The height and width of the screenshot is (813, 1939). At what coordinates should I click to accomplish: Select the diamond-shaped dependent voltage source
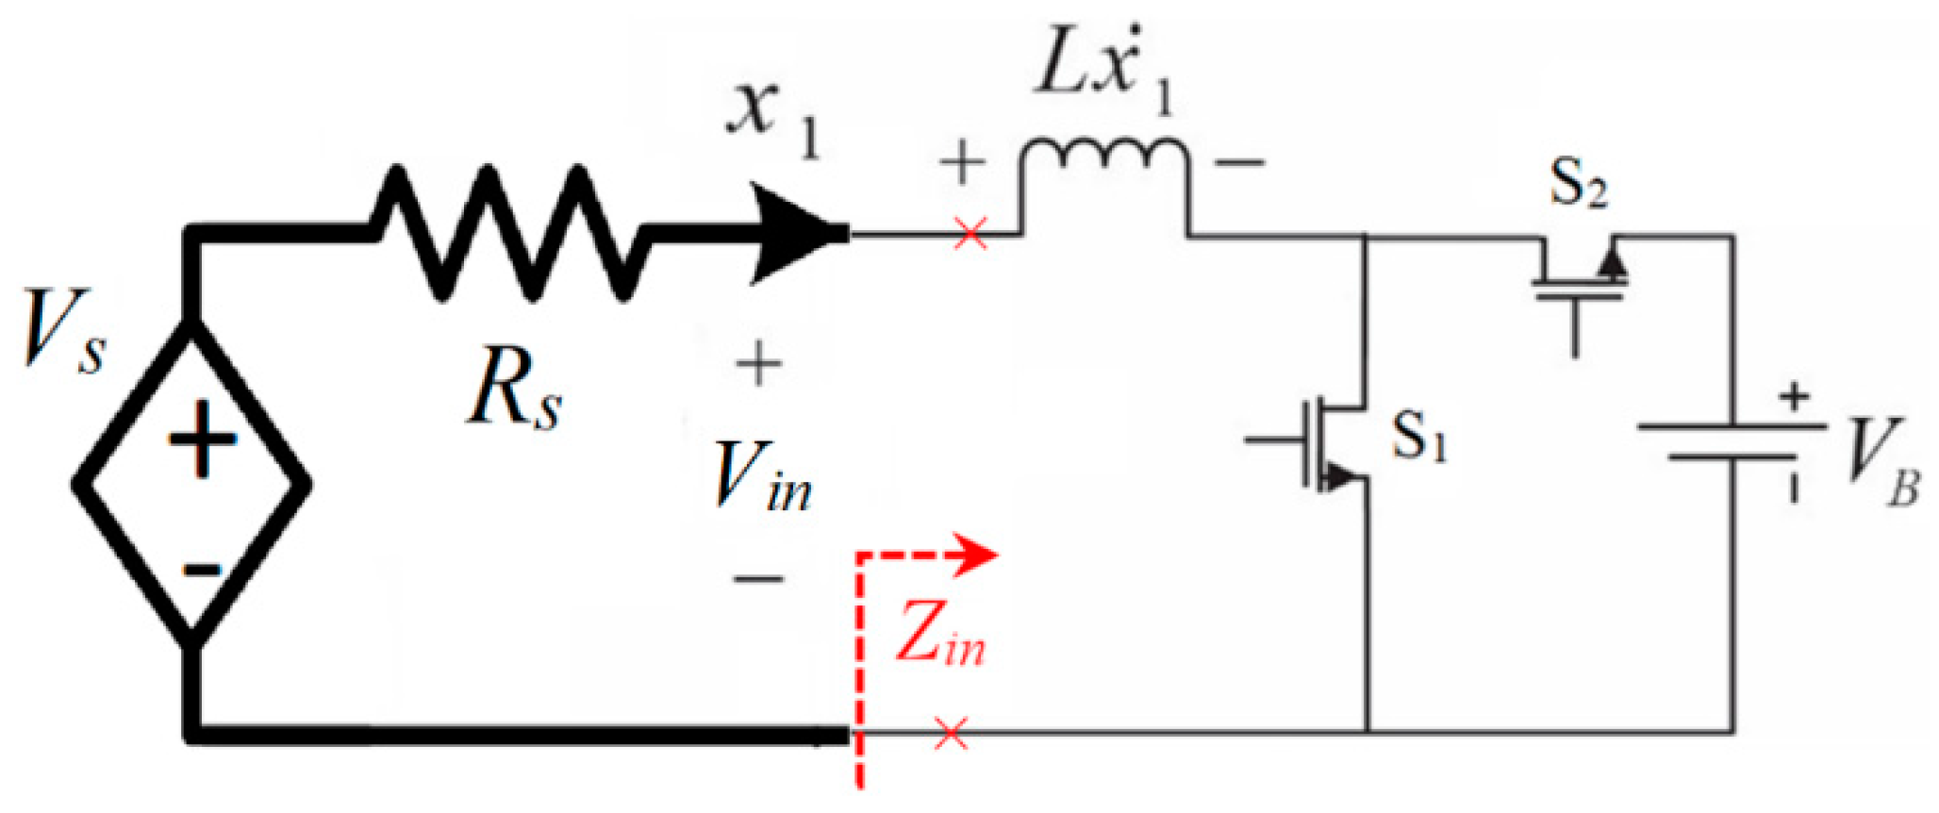tap(192, 484)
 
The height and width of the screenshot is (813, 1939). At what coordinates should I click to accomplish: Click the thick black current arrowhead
tap(798, 234)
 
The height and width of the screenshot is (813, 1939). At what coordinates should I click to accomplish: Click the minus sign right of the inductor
tap(1238, 163)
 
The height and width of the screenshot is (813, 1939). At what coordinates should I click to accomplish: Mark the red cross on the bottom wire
tap(951, 733)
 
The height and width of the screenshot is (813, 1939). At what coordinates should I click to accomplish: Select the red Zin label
tap(939, 634)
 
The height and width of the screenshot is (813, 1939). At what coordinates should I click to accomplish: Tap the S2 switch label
tap(1578, 183)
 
